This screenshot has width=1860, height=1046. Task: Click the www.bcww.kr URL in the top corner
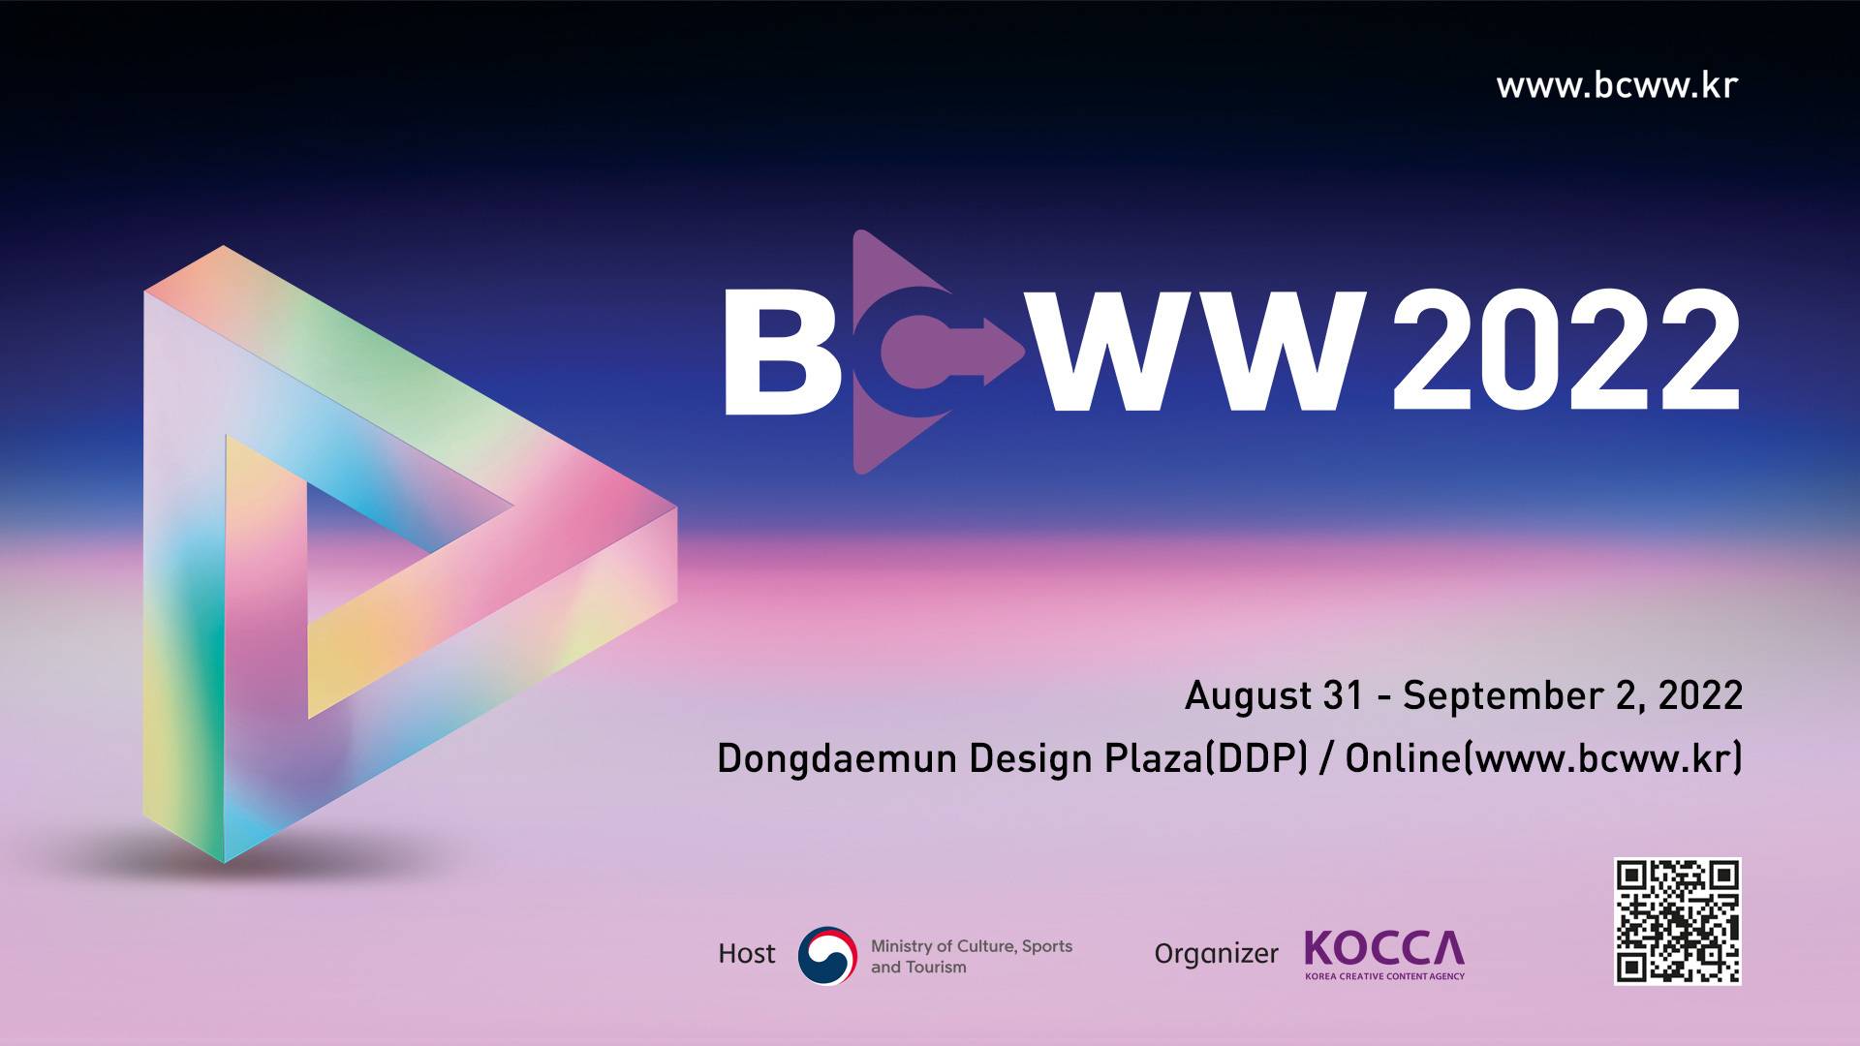coord(1617,85)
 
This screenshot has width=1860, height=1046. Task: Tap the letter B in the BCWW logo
coord(781,353)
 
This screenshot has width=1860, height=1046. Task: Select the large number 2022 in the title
coord(1565,351)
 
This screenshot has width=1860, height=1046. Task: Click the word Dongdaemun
coord(837,758)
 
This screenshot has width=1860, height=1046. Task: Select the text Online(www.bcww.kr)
coord(1544,758)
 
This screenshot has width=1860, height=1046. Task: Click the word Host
coord(747,954)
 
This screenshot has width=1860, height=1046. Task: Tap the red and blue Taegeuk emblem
coord(827,956)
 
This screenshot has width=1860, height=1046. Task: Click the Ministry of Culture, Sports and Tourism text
coord(972,956)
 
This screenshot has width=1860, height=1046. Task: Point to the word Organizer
coord(1216,954)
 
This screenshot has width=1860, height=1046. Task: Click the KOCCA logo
coord(1384,955)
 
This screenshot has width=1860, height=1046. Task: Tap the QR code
coord(1678,921)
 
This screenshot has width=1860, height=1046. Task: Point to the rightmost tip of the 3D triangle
coord(676,507)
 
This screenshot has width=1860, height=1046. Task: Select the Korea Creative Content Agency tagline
coord(1384,975)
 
